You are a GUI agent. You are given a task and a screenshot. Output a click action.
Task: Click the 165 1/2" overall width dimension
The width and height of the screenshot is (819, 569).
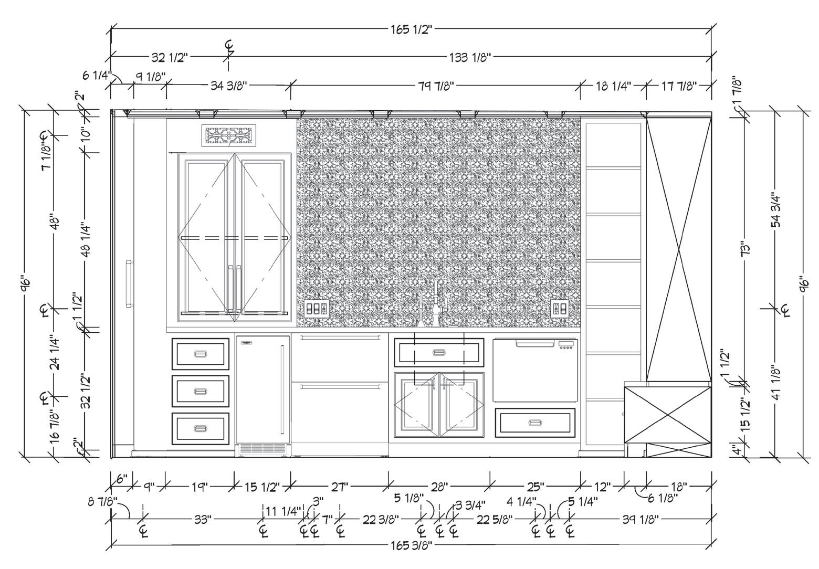411,29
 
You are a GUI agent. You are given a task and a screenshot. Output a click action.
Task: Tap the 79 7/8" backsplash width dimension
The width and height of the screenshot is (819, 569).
436,86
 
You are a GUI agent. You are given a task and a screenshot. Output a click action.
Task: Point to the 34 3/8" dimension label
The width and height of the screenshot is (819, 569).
228,86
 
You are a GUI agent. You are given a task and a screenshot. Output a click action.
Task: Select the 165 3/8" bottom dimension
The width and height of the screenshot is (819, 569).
411,546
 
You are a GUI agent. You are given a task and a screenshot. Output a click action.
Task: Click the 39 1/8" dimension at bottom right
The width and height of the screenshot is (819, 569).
640,519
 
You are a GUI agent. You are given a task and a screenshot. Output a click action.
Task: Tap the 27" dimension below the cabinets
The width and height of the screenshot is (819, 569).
340,487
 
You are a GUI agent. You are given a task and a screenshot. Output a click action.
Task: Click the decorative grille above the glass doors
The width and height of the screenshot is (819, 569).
228,136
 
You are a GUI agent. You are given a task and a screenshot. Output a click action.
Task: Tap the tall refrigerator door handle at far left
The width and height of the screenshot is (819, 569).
128,283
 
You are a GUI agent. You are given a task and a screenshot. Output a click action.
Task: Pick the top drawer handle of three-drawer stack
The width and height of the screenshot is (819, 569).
201,354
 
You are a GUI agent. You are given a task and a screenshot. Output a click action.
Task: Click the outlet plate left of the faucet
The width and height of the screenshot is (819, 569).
317,308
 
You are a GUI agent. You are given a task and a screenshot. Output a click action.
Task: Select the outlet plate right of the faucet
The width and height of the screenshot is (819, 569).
559,308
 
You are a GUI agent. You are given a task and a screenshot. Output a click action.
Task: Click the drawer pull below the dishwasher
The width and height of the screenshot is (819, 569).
535,423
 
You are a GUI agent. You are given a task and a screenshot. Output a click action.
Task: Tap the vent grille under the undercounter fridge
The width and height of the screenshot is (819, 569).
262,449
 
